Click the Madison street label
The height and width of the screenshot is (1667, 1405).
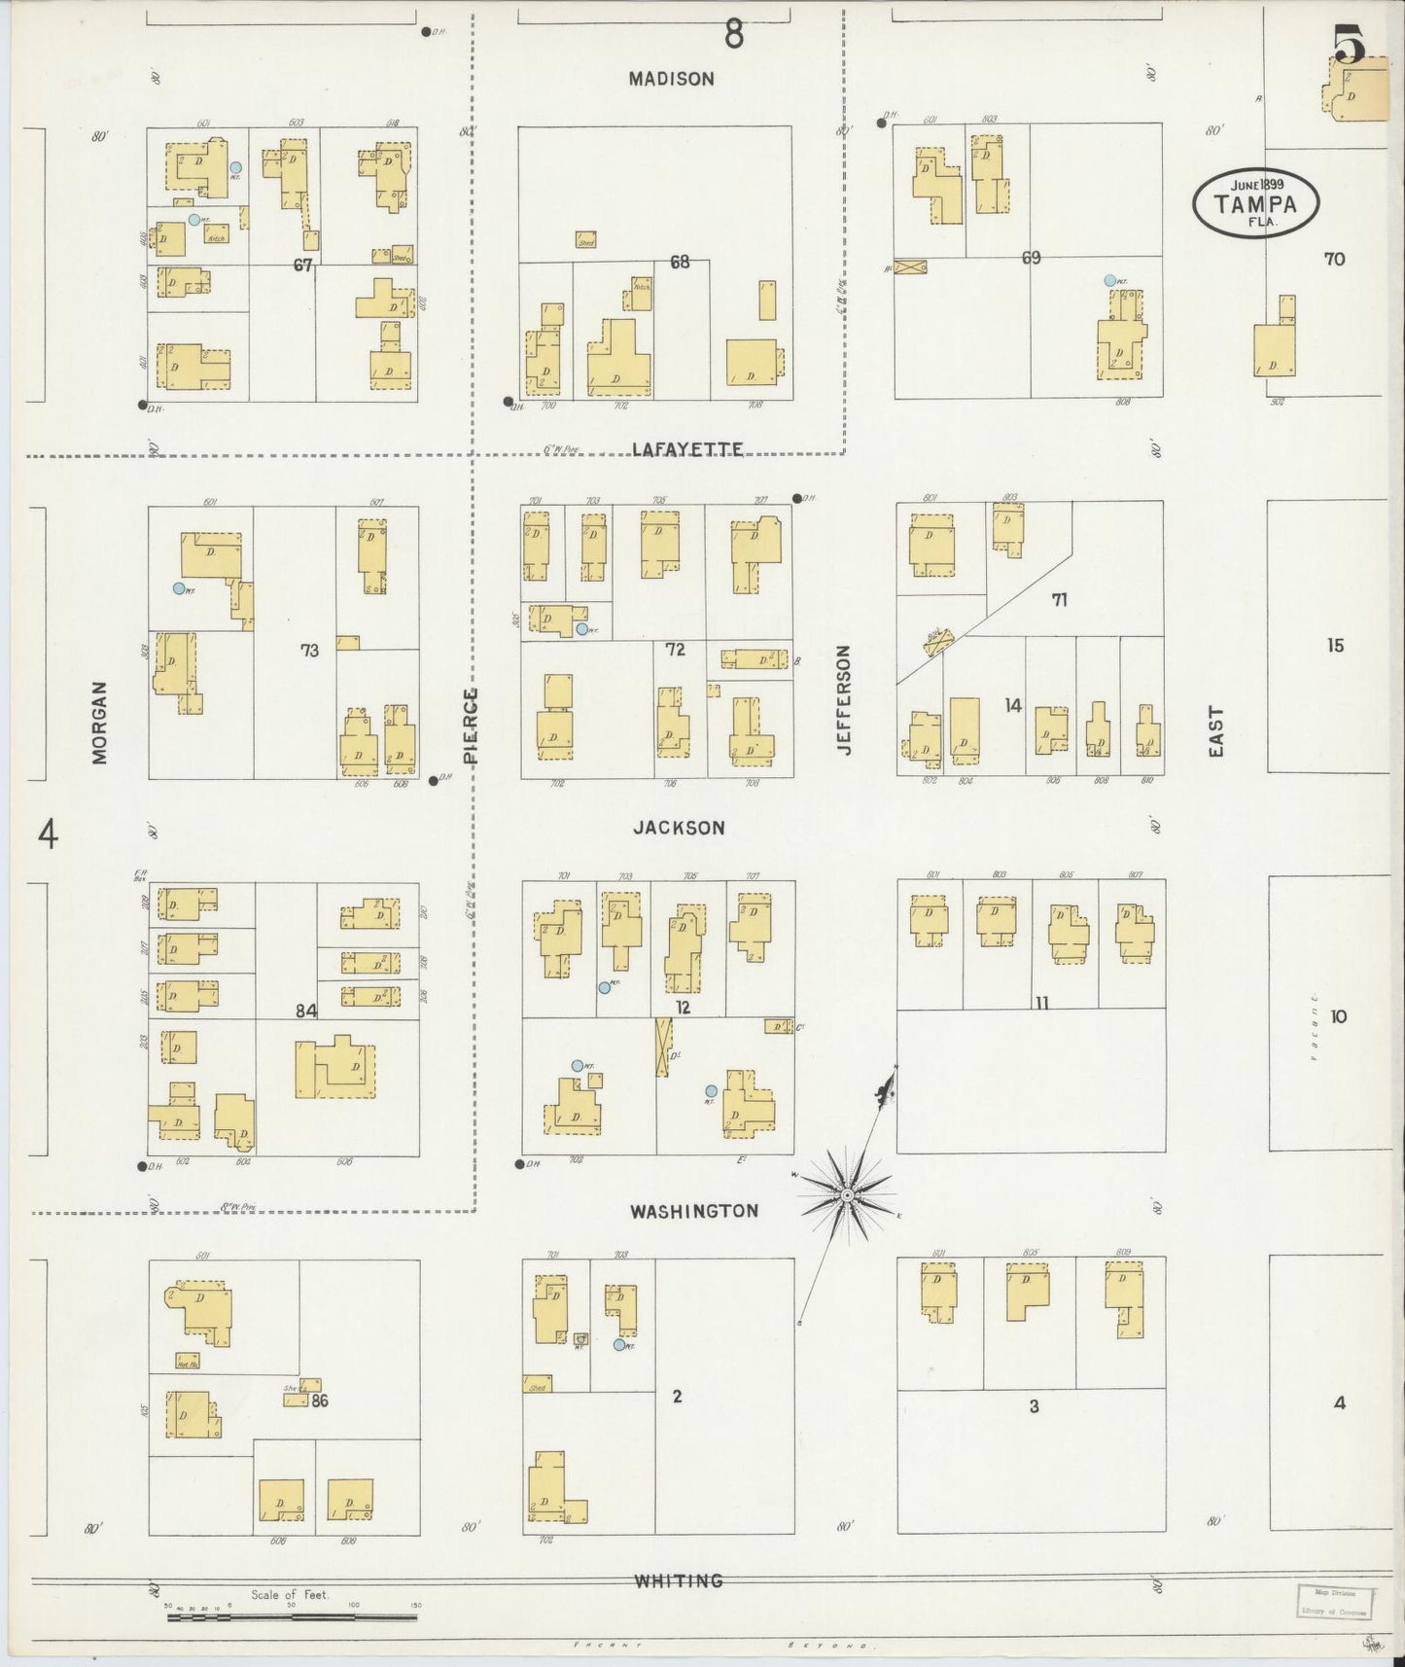click(671, 79)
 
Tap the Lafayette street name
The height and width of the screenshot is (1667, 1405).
click(687, 449)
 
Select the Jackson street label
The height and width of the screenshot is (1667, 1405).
click(679, 828)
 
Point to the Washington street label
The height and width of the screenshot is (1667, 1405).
click(693, 1211)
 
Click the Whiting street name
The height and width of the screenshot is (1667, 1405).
click(679, 1580)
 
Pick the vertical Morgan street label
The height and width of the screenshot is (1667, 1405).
click(99, 722)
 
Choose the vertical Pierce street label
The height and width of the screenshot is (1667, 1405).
click(472, 726)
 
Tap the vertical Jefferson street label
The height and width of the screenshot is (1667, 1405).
click(843, 700)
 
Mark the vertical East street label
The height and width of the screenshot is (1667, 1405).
click(1216, 731)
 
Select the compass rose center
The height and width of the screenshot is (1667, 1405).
click(848, 1193)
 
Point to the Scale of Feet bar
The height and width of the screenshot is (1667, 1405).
click(292, 1617)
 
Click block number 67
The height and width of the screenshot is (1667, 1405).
click(303, 265)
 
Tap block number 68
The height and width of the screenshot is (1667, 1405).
click(679, 262)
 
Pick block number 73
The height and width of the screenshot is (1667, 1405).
click(309, 650)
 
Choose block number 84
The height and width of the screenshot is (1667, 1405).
click(306, 1011)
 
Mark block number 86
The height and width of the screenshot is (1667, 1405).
click(321, 1401)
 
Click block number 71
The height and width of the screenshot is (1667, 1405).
click(1059, 600)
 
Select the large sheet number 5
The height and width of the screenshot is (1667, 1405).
click(1350, 44)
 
